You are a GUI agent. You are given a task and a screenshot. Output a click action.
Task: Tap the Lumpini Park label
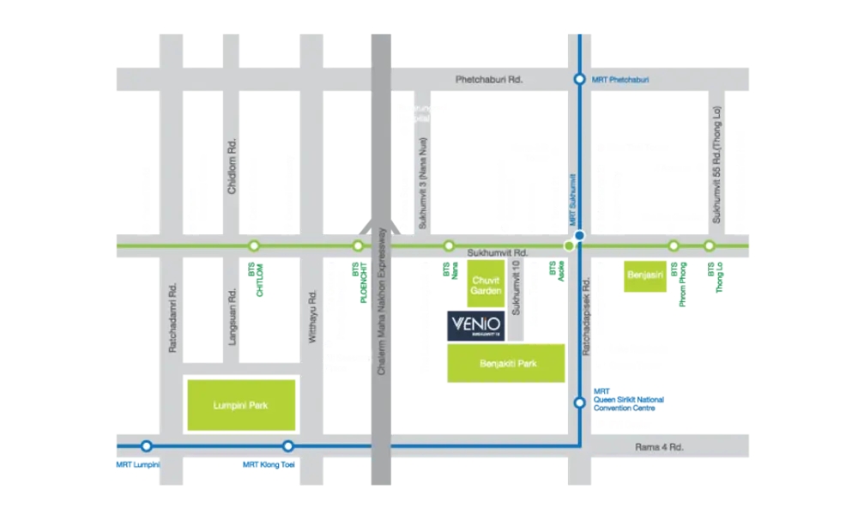point(242,404)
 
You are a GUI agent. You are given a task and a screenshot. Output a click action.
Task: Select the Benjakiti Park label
point(506,364)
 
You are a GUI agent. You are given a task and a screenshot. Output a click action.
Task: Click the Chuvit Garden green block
point(486,285)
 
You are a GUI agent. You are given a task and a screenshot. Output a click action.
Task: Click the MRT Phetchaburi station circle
point(580,79)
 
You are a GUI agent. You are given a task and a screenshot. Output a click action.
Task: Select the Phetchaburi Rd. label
point(488,80)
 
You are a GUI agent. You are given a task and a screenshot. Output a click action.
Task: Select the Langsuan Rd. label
point(232,317)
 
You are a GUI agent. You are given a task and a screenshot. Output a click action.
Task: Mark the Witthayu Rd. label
point(312,317)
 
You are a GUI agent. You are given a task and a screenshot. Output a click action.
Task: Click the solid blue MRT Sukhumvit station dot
point(580,235)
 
